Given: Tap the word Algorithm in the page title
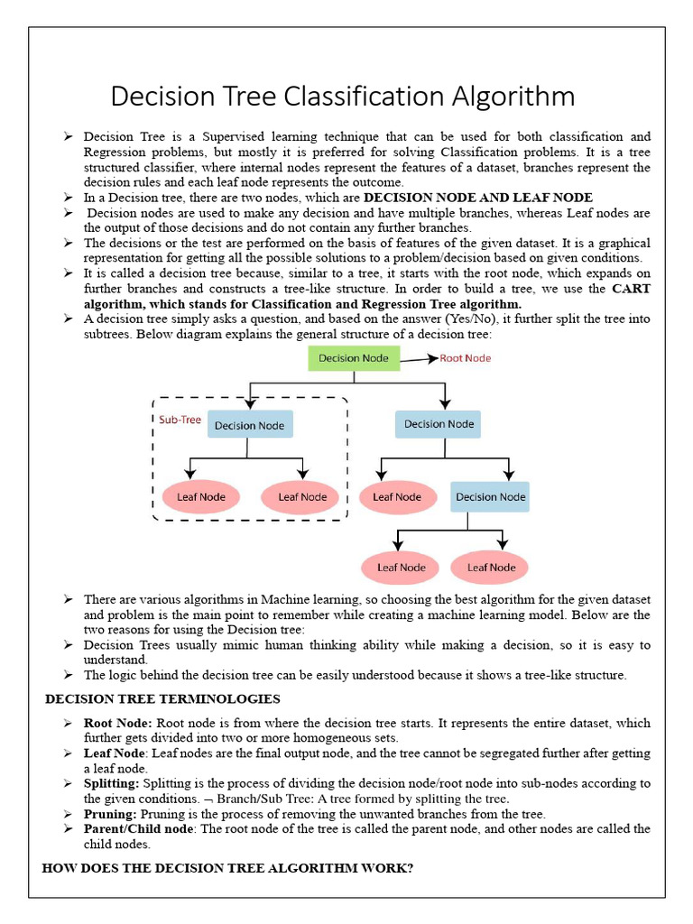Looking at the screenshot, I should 514,97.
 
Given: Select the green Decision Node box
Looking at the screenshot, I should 354,358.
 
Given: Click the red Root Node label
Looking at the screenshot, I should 465,358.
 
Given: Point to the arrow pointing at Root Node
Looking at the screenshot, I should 417,359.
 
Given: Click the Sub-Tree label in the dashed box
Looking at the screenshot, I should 173,420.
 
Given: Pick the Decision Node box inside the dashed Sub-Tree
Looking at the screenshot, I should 249,425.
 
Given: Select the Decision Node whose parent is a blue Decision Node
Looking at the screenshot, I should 490,496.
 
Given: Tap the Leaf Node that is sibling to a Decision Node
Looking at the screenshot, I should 397,496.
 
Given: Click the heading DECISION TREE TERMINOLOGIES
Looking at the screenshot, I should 162,698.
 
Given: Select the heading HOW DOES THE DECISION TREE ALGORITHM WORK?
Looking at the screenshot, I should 227,868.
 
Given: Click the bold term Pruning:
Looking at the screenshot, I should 110,813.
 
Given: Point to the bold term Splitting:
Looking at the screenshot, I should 111,782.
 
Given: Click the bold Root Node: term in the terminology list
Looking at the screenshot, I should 117,723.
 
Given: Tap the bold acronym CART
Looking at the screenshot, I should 631,289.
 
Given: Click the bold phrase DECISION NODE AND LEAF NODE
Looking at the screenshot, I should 478,197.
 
